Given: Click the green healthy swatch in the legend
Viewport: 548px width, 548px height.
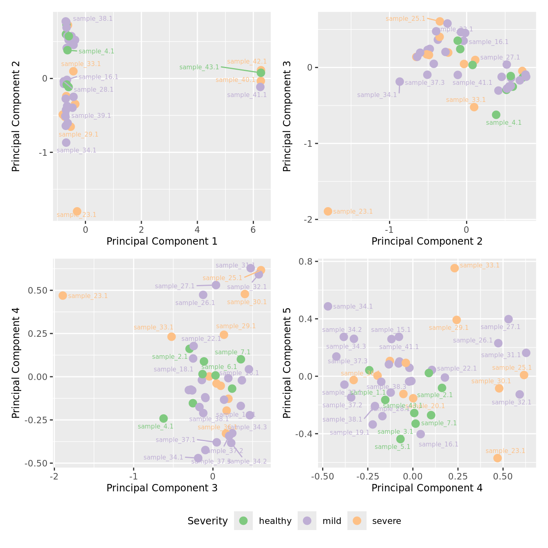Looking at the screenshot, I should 243,521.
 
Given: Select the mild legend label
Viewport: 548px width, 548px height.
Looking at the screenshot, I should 331,521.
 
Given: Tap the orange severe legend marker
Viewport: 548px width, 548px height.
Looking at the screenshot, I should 357,521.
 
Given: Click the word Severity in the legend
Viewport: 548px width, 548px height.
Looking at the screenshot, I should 208,521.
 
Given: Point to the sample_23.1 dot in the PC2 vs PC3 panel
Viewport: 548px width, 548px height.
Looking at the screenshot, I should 328,211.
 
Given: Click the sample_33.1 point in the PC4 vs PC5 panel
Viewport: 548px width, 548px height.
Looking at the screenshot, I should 455,268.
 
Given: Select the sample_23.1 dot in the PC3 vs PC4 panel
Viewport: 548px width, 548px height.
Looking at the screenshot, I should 63,296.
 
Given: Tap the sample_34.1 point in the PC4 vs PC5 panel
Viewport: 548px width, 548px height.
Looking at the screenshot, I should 328,306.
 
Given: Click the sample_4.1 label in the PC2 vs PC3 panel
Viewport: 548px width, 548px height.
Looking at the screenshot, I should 504,123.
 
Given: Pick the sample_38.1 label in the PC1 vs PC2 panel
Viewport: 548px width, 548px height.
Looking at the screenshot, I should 93,19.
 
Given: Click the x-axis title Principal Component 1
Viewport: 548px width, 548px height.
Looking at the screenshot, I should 162,241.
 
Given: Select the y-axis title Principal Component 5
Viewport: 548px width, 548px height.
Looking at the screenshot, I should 287,363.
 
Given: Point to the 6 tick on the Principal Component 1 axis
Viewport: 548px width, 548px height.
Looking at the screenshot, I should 253,230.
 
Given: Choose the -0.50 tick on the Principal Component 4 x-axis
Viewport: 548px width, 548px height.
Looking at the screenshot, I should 323,476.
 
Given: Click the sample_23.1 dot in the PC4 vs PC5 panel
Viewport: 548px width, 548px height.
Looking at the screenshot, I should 497,458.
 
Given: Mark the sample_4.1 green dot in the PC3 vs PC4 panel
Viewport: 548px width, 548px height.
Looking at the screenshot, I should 164,418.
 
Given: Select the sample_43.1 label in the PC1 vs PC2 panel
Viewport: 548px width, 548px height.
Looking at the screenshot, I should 199,67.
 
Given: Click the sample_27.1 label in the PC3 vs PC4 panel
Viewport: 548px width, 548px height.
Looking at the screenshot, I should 175,286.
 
